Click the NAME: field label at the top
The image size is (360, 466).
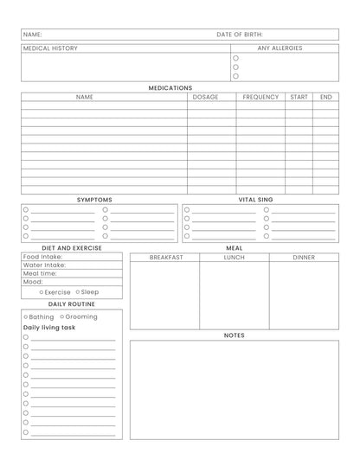click(33, 35)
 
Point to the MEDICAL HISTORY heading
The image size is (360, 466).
click(50, 48)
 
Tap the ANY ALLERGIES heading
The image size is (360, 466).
click(280, 48)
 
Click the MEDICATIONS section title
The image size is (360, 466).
click(170, 87)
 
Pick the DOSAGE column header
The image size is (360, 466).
click(205, 97)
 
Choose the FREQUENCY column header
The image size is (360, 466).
click(260, 97)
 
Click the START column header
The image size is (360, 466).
click(299, 97)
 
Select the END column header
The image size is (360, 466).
click(325, 97)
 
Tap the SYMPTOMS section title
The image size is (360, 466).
click(94, 199)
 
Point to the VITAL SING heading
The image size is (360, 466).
click(255, 199)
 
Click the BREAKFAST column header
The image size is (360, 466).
click(166, 257)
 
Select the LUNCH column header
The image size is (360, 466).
click(234, 257)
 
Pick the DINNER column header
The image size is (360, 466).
click(304, 257)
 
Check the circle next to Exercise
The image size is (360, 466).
click(41, 292)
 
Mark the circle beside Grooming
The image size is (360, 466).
click(61, 316)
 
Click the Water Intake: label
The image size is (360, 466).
click(44, 265)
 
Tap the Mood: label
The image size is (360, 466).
click(33, 282)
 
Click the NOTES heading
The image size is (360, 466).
click(234, 335)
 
